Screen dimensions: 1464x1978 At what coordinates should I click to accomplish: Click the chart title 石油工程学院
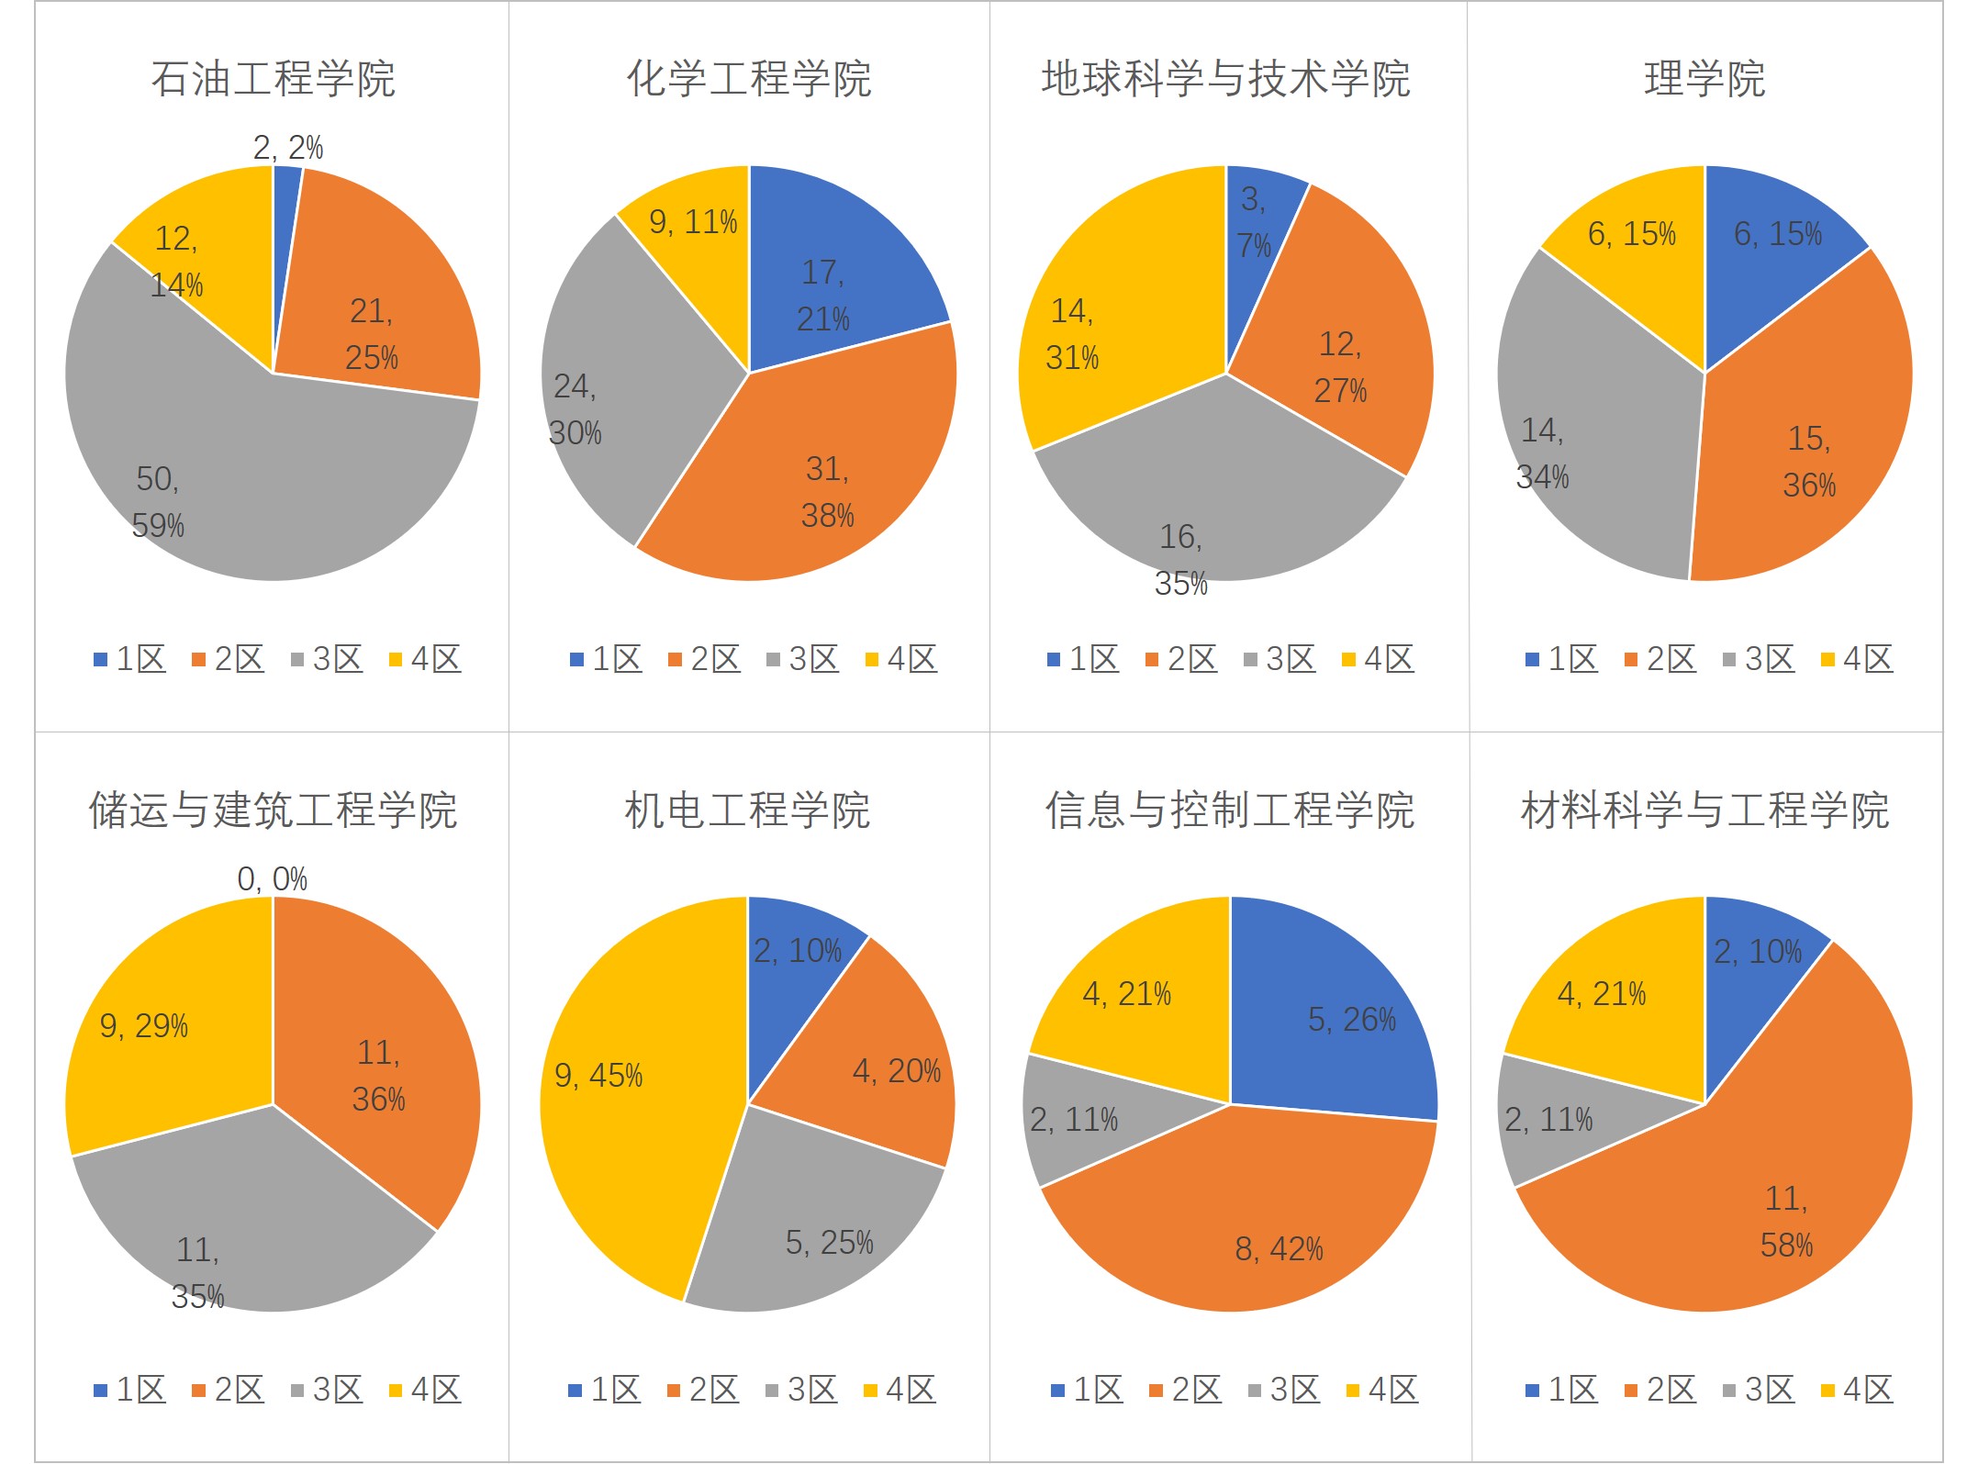273,79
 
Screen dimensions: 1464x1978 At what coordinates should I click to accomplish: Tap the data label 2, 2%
287,148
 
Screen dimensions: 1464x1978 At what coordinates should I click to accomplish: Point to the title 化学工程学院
749,79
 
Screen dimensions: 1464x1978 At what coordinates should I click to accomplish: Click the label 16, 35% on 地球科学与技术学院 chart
1180,560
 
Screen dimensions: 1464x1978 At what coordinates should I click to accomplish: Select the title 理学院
1704,79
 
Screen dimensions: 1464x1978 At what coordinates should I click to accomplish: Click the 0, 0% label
272,879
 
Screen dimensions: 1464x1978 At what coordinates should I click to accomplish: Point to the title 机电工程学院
747,810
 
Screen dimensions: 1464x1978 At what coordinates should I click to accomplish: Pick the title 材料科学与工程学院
1704,810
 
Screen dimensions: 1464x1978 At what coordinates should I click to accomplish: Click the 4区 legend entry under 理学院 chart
1857,659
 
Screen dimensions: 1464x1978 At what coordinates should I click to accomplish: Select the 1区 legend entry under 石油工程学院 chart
129,659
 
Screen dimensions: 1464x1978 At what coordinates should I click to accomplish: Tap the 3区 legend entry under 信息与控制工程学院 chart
1284,1390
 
